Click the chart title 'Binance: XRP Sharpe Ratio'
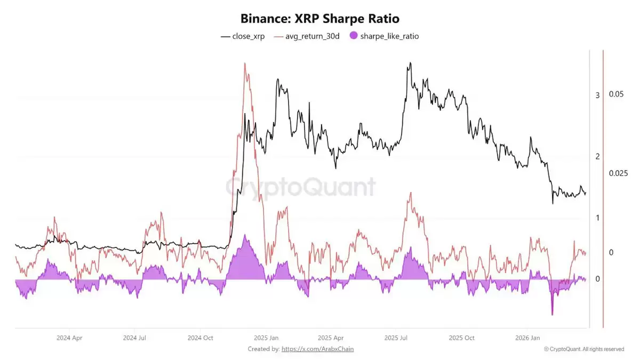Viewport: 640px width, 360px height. pos(319,19)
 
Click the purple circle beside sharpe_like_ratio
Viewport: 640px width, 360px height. pos(353,36)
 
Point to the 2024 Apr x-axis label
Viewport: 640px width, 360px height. pos(69,338)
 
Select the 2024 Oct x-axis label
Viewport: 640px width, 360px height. pos(201,338)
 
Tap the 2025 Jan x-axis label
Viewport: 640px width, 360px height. pos(266,338)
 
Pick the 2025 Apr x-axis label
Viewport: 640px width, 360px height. pos(331,338)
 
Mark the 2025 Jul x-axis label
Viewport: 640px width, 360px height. pos(396,338)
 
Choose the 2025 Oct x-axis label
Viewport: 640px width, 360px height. pos(462,338)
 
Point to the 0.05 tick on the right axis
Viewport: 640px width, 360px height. pos(616,94)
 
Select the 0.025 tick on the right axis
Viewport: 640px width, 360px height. pos(618,173)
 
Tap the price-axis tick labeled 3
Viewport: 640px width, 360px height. pos(597,95)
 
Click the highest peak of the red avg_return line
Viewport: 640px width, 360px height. pos(245,63)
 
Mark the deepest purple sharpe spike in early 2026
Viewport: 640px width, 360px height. pos(552,314)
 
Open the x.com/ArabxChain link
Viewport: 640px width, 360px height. pos(317,349)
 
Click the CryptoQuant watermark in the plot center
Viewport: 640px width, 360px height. pos(300,188)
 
